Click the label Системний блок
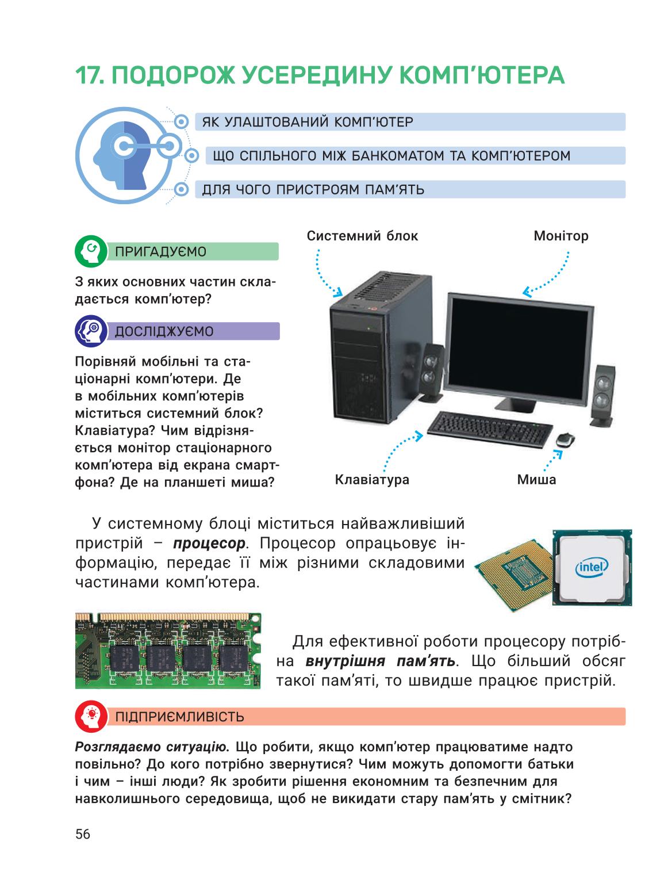tap(362, 236)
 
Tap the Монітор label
tap(560, 236)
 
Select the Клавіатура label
tap(372, 480)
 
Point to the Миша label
tap(536, 480)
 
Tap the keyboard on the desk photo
tap(489, 429)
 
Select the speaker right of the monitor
tap(602, 395)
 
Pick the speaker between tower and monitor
tap(432, 373)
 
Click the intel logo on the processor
tap(592, 567)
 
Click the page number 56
tap(83, 834)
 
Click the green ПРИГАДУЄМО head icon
tap(91, 251)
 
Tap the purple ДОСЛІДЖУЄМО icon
tap(91, 331)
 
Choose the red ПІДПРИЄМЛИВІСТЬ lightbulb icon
tap(91, 717)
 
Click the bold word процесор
tap(209, 544)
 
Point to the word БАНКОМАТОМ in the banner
tap(397, 155)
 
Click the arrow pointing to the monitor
tap(551, 277)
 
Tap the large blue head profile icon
tap(125, 156)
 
